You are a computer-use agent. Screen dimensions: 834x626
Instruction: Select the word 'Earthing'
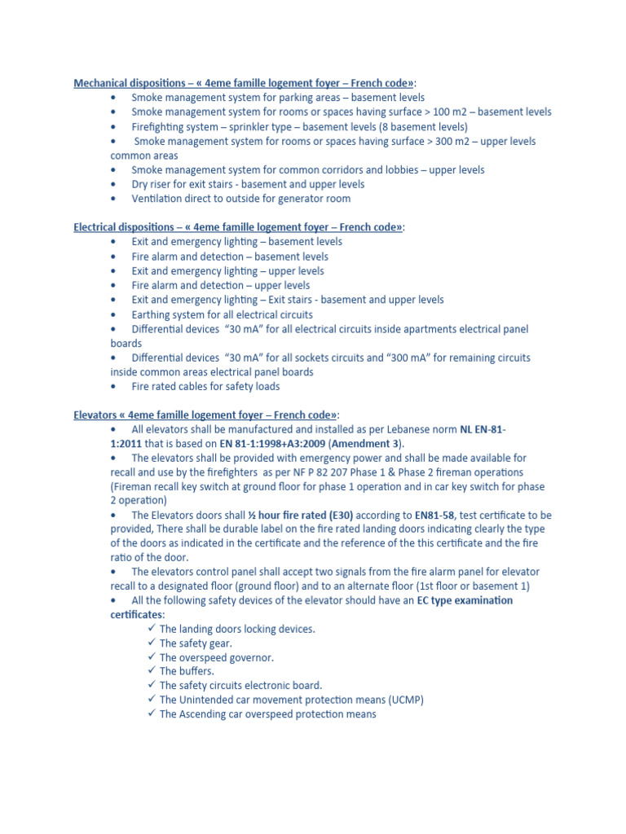click(152, 314)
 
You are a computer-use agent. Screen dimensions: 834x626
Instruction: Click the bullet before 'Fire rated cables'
click(113, 387)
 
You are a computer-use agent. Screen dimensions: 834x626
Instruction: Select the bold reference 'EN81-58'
click(434, 516)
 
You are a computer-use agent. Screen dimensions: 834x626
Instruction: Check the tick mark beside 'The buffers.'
click(152, 671)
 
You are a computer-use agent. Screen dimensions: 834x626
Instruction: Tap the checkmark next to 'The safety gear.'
click(152, 643)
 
